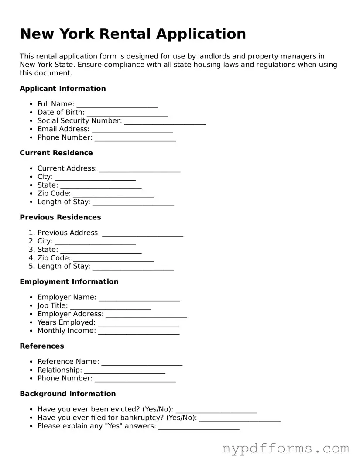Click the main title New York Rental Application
coord(133,34)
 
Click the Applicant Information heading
coord(62,89)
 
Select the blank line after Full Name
coord(117,104)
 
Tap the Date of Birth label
coord(61,113)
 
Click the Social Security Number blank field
coord(165,121)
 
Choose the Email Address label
coord(63,129)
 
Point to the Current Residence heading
coord(56,153)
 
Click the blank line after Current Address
coord(139,169)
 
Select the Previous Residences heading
coord(60,217)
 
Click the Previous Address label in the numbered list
coord(69,233)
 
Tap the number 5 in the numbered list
coord(31,266)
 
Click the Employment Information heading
coord(69,282)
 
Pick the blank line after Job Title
coord(110,306)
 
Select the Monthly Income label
coord(66,331)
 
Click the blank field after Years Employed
coord(138,323)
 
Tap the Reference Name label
coord(68,362)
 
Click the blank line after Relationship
coord(124,370)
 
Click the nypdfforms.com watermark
coord(286,448)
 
